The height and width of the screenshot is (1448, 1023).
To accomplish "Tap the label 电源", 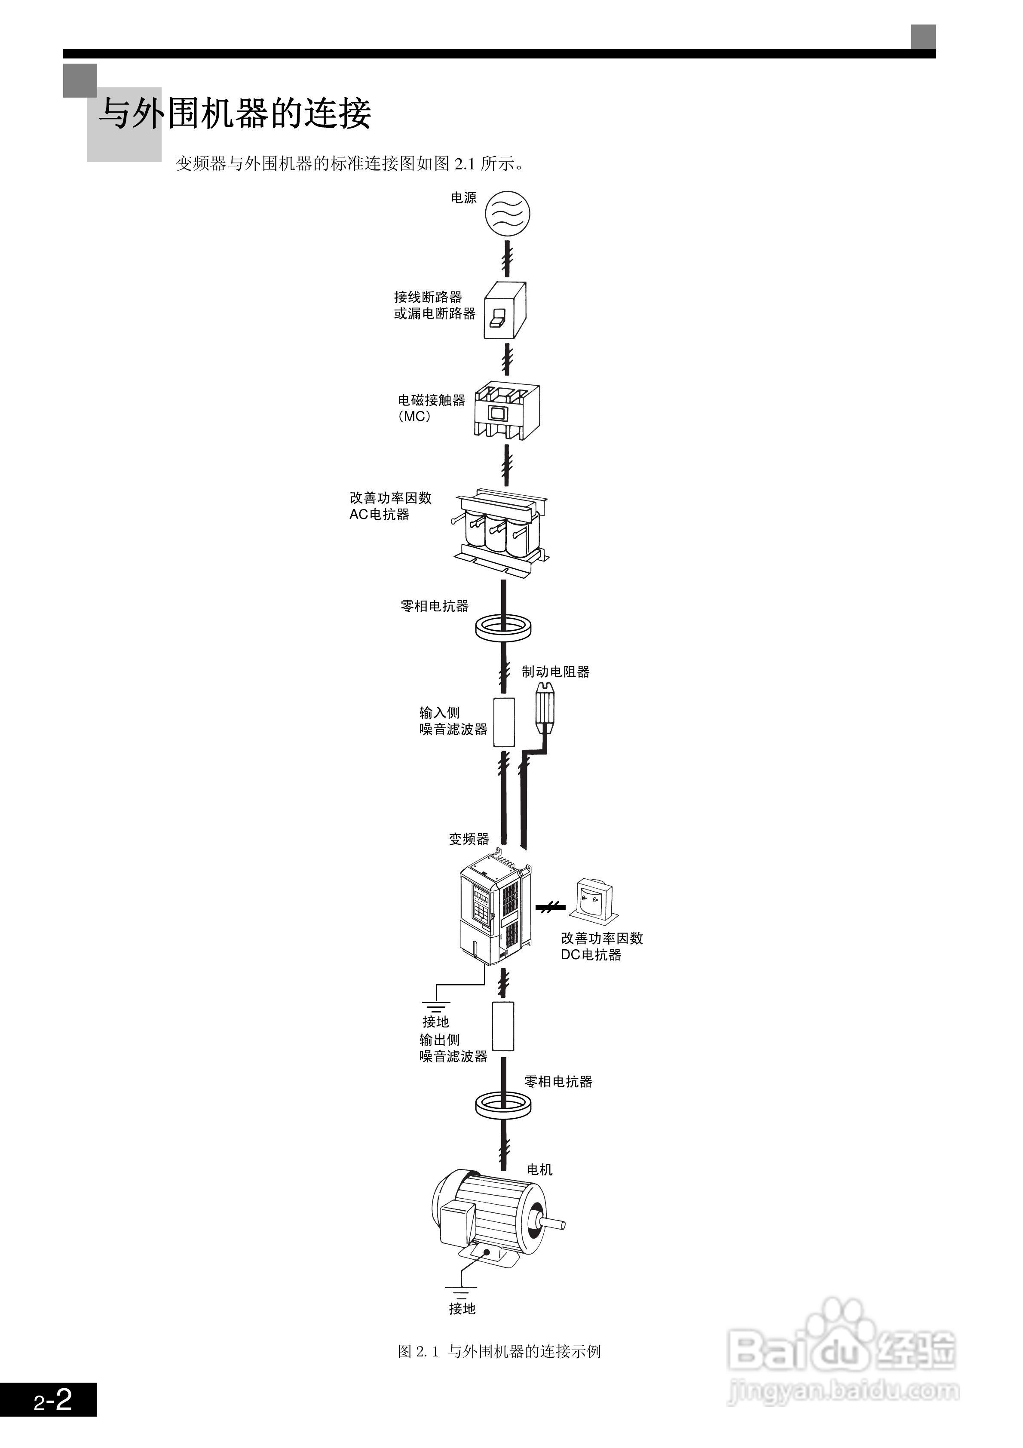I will click(463, 198).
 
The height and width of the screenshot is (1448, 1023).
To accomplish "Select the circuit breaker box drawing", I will click(505, 310).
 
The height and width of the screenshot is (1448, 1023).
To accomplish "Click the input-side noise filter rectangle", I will click(503, 722).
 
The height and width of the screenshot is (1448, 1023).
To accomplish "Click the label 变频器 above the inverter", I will click(469, 839).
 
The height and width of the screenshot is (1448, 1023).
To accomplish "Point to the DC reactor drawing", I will click(594, 899).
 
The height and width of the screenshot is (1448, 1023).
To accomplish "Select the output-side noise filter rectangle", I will click(502, 1026).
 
